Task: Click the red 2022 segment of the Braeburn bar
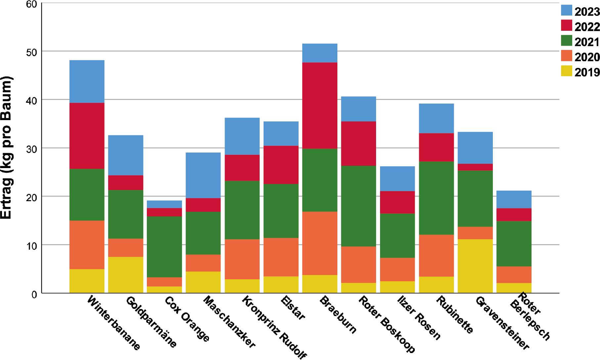(x=320, y=106)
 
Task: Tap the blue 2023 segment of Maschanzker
(x=203, y=175)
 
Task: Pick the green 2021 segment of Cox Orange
(x=164, y=247)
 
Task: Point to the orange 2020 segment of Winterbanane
(x=87, y=245)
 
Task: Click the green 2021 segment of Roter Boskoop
(x=359, y=206)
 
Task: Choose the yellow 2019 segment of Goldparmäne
(x=126, y=275)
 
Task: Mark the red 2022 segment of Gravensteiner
(x=475, y=167)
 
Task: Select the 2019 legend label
(x=587, y=72)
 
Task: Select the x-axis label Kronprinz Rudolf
(x=275, y=327)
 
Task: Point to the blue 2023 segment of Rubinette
(x=436, y=118)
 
